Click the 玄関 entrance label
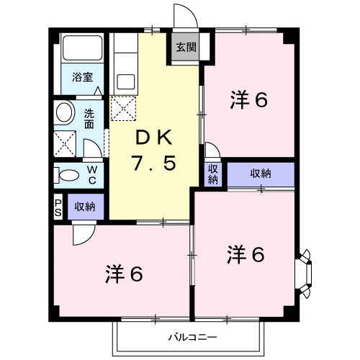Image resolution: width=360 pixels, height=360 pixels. click(186, 48)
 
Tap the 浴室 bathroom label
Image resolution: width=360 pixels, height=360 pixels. click(82, 77)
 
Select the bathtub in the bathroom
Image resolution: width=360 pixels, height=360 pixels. click(82, 48)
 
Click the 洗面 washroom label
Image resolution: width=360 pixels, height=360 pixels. click(89, 119)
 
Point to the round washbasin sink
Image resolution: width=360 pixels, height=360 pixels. click(64, 113)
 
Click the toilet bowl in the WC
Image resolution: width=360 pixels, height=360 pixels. click(69, 175)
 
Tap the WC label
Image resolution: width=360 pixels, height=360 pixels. click(92, 175)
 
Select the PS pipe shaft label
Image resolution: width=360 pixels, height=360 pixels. click(58, 208)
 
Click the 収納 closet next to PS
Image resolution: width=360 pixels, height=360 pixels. click(86, 207)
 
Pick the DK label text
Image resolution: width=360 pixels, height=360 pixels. click(154, 138)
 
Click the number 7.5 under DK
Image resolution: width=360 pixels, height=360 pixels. click(154, 163)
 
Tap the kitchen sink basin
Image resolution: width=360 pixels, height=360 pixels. click(126, 82)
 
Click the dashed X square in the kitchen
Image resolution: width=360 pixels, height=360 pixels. click(123, 109)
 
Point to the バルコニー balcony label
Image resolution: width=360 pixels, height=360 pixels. click(192, 337)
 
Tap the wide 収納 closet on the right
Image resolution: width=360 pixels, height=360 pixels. click(261, 174)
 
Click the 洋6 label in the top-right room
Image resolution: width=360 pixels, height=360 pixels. click(249, 100)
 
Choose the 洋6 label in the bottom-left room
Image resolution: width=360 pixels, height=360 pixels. click(124, 274)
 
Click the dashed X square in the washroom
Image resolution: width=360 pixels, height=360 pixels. click(65, 144)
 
